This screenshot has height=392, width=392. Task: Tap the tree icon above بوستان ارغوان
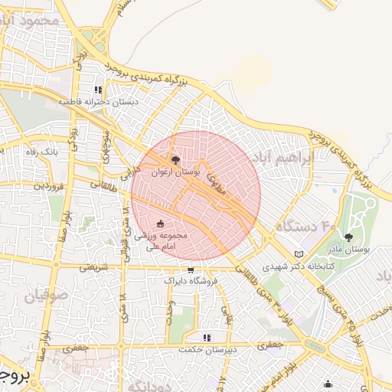coord(177,160)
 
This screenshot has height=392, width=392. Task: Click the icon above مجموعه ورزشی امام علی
coord(160,224)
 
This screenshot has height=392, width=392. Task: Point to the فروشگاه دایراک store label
coord(191,281)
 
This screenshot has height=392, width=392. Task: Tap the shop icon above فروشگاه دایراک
coord(190,270)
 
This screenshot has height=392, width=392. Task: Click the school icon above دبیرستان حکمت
coord(206,336)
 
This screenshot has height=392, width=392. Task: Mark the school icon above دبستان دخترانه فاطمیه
coord(97,89)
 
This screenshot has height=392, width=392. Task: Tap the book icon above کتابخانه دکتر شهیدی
coord(299,254)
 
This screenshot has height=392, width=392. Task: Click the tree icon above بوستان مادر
coord(349,237)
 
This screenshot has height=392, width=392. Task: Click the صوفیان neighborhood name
coord(49,295)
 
